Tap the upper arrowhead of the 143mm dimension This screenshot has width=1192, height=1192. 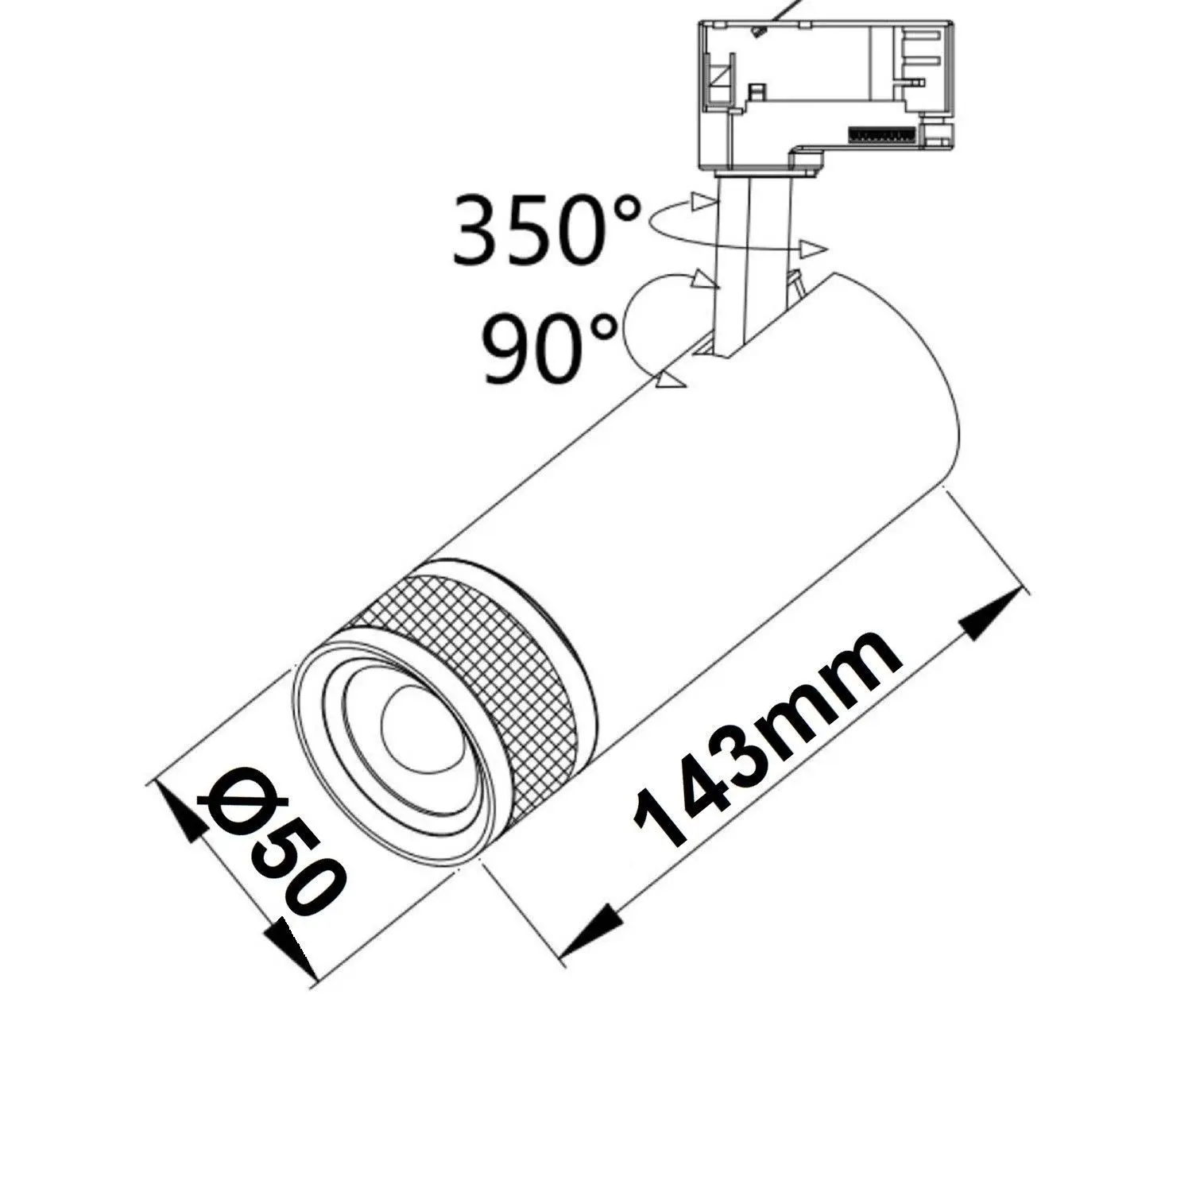click(990, 616)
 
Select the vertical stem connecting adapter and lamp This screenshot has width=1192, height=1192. click(751, 262)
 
